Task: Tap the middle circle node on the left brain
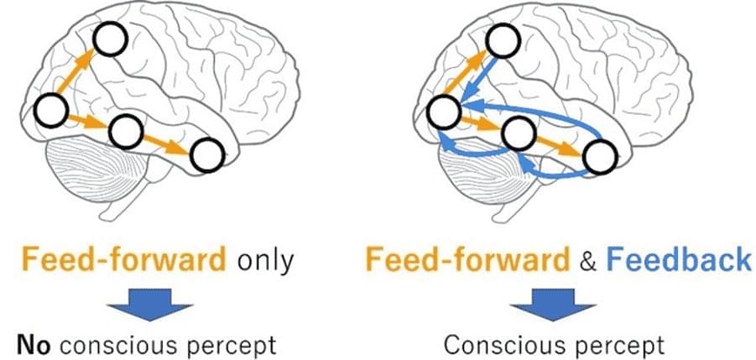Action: [x=124, y=129]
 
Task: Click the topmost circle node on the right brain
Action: [x=503, y=39]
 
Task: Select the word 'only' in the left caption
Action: [x=264, y=260]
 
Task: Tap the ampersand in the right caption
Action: [x=586, y=261]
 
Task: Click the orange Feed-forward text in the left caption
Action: [x=124, y=260]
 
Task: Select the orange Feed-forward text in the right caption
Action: [x=466, y=260]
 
